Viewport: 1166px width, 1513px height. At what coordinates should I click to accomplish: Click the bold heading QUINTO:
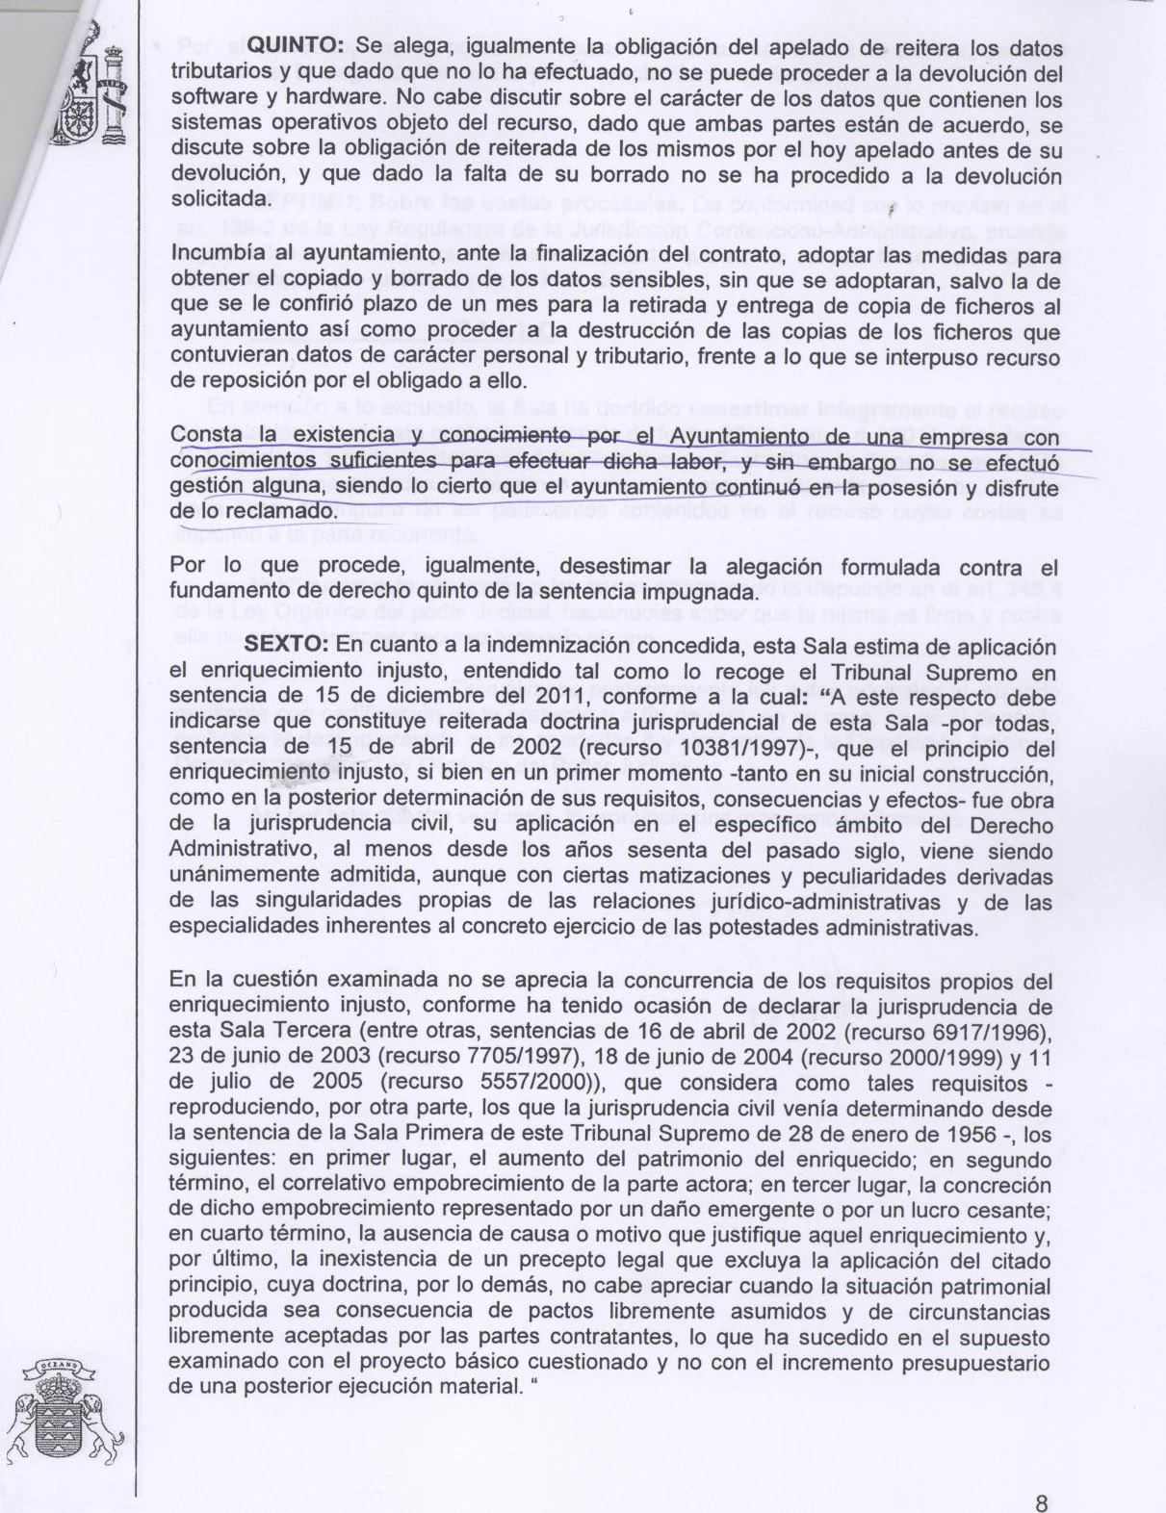pos(297,46)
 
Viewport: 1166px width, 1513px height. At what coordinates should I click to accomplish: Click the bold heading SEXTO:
pos(287,646)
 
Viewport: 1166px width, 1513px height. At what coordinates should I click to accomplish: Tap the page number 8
pos(1041,1477)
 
